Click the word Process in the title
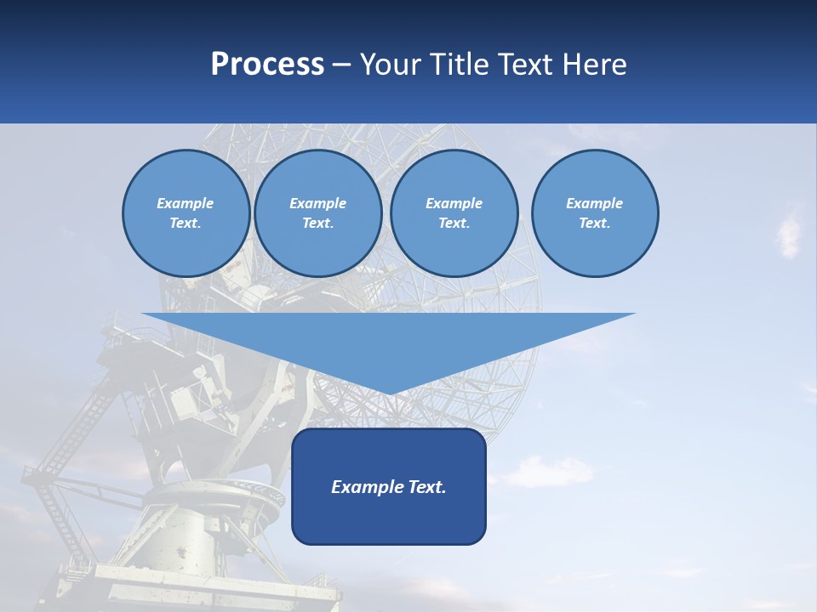267,65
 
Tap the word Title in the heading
460,65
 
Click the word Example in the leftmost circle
186,203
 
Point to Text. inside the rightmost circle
594,223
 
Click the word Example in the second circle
318,203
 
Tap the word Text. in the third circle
454,223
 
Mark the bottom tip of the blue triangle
389,393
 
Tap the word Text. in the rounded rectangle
427,487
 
